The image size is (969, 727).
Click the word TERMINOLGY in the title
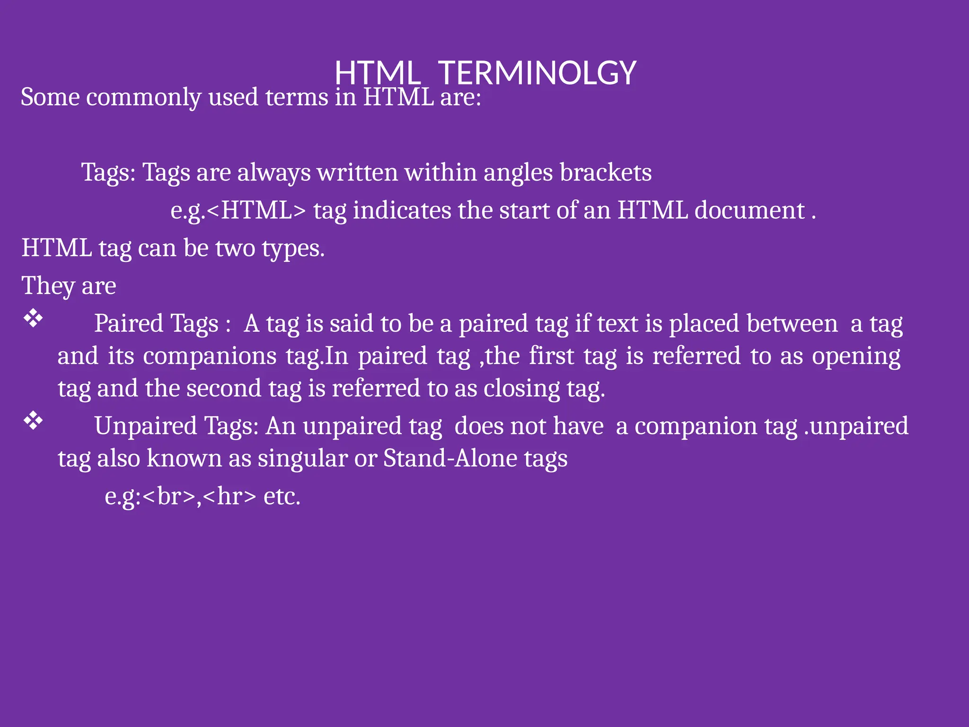(537, 73)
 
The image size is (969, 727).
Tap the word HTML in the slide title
(377, 73)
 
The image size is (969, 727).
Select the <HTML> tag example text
(256, 211)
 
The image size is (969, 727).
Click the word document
(749, 211)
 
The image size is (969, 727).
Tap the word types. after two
(293, 248)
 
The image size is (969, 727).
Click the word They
(48, 286)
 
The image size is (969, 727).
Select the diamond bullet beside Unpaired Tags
(33, 421)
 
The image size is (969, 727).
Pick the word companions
(210, 356)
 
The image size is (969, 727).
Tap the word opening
(856, 356)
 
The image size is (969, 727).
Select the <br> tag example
(168, 496)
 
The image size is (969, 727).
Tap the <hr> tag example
(229, 496)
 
